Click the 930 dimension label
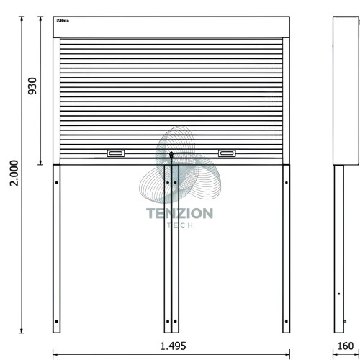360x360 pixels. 32,86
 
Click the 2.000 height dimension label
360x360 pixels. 14,173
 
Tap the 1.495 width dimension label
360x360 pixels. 173,346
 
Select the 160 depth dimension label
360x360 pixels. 346,346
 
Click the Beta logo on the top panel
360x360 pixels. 63,21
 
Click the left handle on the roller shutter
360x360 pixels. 116,153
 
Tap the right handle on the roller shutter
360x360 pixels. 227,153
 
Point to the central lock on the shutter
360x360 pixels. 171,154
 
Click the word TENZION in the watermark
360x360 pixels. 179,213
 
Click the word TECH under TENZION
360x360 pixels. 180,225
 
